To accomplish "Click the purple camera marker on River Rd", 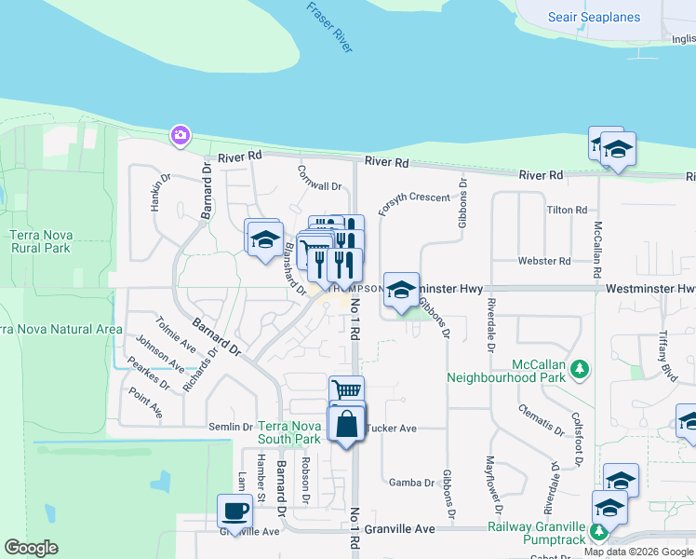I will click(180, 136).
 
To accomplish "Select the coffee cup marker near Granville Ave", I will click(234, 511).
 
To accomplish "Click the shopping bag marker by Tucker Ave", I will click(346, 423).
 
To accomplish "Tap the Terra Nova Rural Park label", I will click(40, 242).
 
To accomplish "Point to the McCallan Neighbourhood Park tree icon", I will click(581, 370).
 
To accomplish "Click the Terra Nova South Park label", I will click(289, 431).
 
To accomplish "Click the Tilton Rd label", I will click(567, 211).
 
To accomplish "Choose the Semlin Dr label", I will click(235, 427).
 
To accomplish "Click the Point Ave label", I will click(145, 403).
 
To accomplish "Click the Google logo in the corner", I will click(32, 548).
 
